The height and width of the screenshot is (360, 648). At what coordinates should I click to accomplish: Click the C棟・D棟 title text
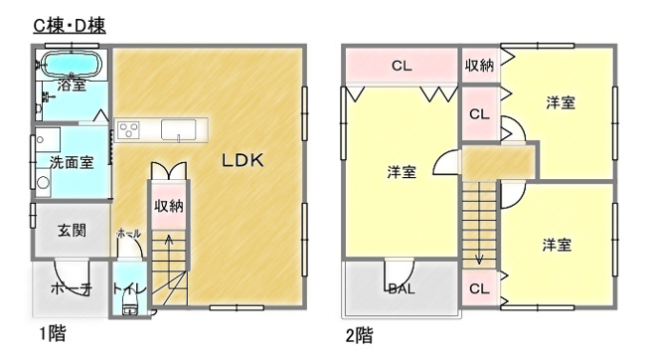[x=70, y=26]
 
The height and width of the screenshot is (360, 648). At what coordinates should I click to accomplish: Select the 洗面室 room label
[x=72, y=162]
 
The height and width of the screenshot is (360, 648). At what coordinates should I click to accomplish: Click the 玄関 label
[x=72, y=230]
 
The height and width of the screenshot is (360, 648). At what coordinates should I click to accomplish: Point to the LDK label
[x=243, y=160]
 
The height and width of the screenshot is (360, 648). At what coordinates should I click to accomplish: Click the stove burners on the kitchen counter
[x=128, y=130]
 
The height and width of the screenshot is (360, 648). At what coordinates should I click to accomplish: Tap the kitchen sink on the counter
[x=179, y=130]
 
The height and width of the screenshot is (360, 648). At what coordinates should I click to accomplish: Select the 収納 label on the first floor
[x=169, y=206]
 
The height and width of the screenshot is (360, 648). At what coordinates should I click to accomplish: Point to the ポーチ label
[x=72, y=288]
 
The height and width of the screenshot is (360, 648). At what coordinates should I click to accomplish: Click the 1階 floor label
[x=53, y=333]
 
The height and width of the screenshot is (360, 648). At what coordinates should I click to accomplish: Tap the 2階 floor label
[x=359, y=335]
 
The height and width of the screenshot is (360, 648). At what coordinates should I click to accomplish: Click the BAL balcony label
[x=403, y=288]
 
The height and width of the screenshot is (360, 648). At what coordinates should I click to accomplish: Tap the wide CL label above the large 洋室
[x=402, y=66]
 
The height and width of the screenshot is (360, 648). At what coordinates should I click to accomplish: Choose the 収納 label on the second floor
[x=479, y=65]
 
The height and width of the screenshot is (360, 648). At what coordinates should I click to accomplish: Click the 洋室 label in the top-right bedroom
[x=561, y=102]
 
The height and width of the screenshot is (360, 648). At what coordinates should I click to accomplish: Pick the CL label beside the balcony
[x=479, y=288]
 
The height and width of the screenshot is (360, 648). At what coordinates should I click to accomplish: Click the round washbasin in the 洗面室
[x=43, y=182]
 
